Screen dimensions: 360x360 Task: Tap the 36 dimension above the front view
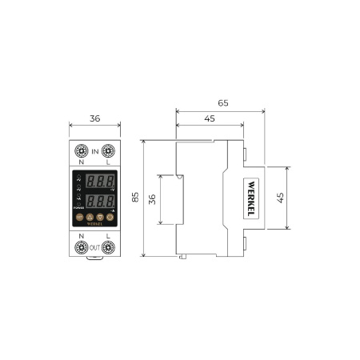coord(94,118)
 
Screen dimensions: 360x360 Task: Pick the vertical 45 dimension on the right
coord(280,198)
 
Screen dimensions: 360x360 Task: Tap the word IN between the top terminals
coord(94,150)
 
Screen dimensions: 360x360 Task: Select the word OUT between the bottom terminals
coord(94,246)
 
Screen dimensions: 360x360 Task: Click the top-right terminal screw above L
coord(108,150)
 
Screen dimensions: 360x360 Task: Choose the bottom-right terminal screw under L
coord(108,247)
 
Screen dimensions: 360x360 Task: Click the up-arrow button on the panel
coord(90,217)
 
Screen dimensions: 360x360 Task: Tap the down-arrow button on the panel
coord(99,217)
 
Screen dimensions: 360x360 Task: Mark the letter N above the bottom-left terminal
coord(81,235)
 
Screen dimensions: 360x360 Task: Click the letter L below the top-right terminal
coord(108,162)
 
